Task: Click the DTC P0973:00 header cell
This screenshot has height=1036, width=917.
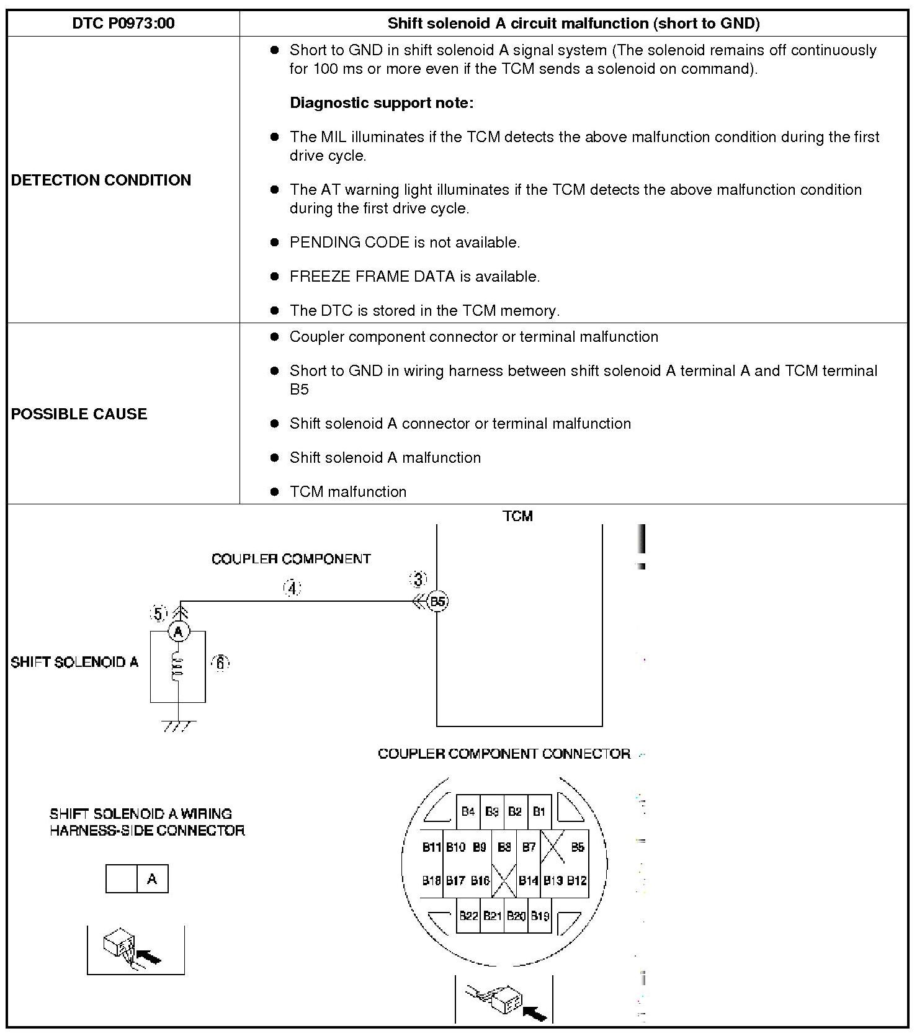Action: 123,24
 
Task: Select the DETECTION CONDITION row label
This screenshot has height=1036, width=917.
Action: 101,180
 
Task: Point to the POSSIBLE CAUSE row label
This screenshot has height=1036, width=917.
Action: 79,414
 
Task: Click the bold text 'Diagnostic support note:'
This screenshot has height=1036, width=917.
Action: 382,103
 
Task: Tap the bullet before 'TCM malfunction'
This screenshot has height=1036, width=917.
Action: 275,492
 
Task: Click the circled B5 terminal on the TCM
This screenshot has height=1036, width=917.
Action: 438,601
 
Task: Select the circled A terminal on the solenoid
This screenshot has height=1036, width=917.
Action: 179,632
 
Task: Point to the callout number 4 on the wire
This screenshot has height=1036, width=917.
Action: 292,587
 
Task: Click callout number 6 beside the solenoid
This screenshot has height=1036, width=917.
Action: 220,663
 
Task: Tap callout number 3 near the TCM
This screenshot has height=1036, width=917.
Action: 418,579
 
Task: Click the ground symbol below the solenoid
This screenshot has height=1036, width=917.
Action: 179,725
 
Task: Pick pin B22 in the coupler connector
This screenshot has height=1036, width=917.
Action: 468,916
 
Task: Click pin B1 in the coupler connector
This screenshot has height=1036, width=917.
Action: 539,811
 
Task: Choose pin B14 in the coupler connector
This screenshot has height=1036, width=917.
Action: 529,880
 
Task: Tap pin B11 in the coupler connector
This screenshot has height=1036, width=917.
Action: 431,847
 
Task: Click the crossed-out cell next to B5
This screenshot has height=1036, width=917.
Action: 552,847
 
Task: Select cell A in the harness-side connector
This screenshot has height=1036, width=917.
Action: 152,879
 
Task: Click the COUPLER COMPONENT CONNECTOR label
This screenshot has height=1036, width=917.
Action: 504,754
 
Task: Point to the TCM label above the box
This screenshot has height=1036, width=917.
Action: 517,516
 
